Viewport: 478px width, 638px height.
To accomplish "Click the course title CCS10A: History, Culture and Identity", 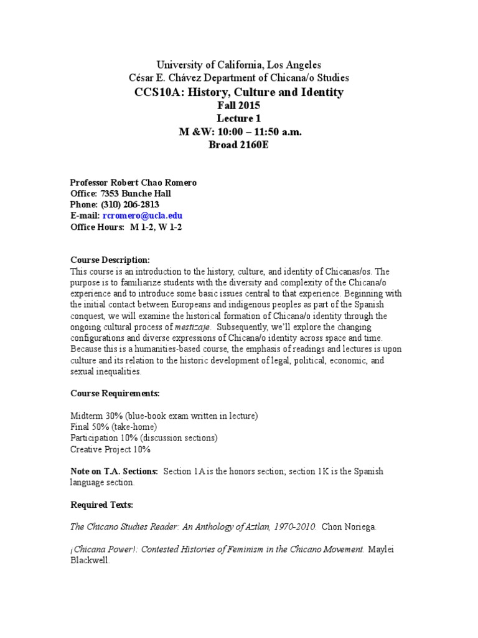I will coord(238,92).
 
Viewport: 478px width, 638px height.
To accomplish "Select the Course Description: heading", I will coord(110,260).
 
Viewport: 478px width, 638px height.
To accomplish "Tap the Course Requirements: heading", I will coord(115,394).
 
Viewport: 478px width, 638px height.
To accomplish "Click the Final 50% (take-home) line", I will coord(113,427).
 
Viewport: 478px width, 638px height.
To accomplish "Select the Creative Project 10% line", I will coord(110,449).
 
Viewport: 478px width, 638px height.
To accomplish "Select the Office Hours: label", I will coord(96,227).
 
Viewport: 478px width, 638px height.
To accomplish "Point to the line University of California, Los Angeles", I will coord(238,65).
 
